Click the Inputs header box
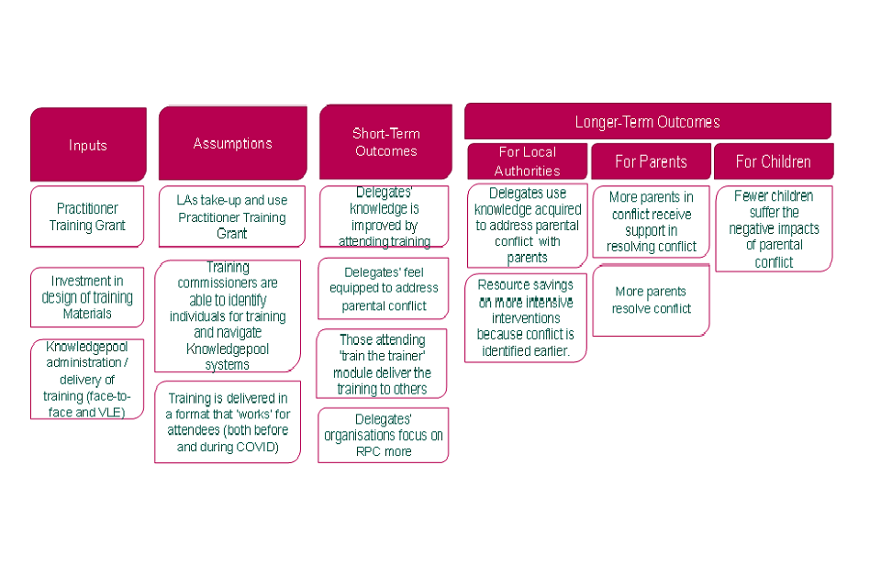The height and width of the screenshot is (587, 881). tap(88, 145)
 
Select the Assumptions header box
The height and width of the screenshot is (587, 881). tap(232, 143)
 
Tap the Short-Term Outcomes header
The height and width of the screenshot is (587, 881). tap(385, 142)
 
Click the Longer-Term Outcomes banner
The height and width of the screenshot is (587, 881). tap(647, 121)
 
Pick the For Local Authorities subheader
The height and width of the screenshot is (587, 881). tap(527, 161)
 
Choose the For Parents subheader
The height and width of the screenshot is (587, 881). tap(651, 161)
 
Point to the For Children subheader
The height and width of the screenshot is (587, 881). tap(773, 161)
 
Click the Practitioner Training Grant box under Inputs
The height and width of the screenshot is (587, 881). tap(87, 217)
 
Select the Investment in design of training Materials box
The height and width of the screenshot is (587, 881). tap(87, 297)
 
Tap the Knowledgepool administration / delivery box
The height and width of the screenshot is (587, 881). tap(87, 380)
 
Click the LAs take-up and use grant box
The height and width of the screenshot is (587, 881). tap(231, 217)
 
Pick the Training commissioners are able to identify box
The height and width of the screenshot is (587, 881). tap(228, 316)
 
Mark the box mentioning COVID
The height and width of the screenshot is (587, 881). tap(228, 422)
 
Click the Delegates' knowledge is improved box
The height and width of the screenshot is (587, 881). tap(384, 217)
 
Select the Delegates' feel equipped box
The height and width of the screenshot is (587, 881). tap(384, 289)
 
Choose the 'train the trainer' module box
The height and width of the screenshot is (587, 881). tap(384, 364)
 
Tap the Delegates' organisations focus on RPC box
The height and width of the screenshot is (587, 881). tap(384, 435)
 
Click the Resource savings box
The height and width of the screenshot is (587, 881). tap(525, 318)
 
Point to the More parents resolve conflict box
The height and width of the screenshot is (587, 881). tap(651, 300)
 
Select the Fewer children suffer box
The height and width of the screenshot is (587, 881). tap(773, 229)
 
